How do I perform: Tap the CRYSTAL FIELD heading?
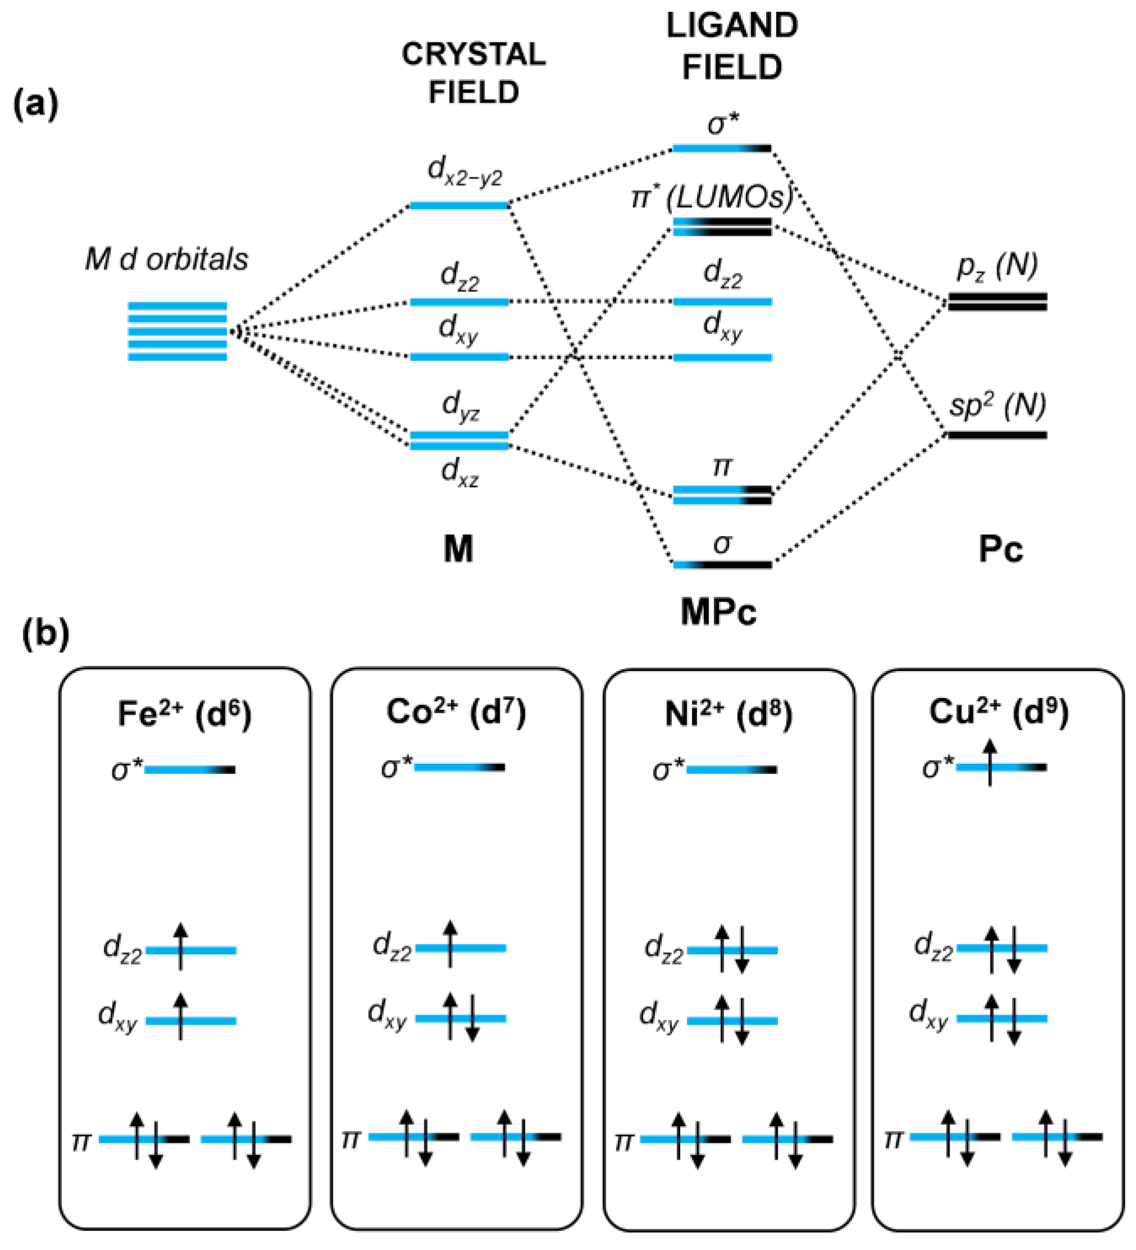click(x=474, y=73)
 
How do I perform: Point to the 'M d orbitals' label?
click(x=166, y=259)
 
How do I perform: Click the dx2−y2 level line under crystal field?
click(x=459, y=205)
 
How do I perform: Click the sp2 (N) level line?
click(x=997, y=435)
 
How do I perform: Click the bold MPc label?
click(x=718, y=612)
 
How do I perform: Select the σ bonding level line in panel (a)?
click(x=722, y=565)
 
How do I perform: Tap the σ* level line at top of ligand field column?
click(x=722, y=148)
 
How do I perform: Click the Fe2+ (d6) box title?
click(x=184, y=714)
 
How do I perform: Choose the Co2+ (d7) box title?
click(x=456, y=713)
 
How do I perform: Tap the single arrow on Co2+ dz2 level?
click(x=451, y=945)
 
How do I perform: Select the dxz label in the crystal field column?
click(x=459, y=472)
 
